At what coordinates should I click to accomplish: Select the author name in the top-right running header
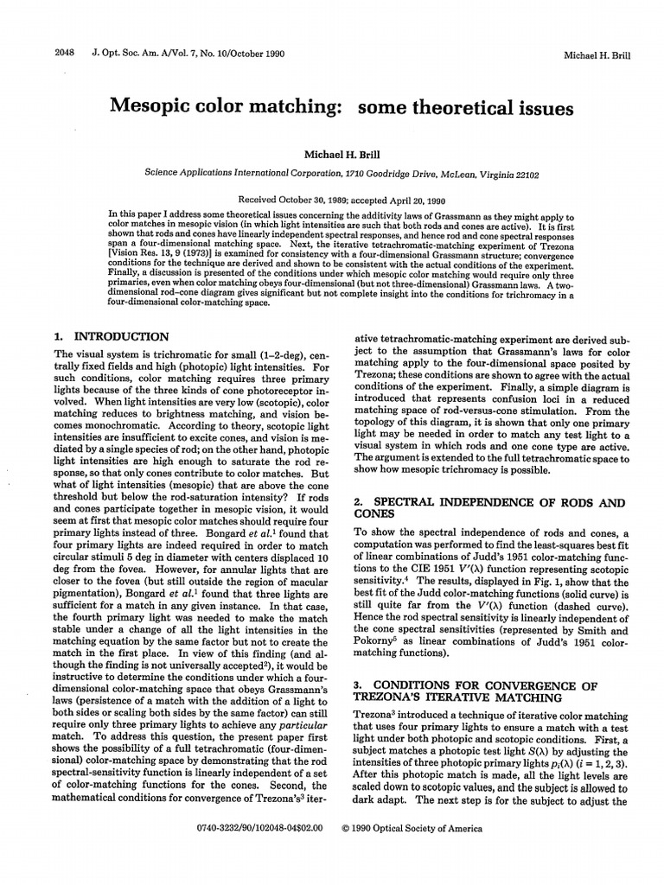pos(597,55)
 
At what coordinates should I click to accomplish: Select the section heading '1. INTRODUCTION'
pos(112,336)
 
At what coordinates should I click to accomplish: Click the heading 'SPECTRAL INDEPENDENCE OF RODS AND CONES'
pos(488,509)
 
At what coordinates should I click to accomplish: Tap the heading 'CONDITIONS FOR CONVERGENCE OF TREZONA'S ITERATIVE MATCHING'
pos(488,692)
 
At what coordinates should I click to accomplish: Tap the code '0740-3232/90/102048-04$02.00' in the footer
pos(259,827)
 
